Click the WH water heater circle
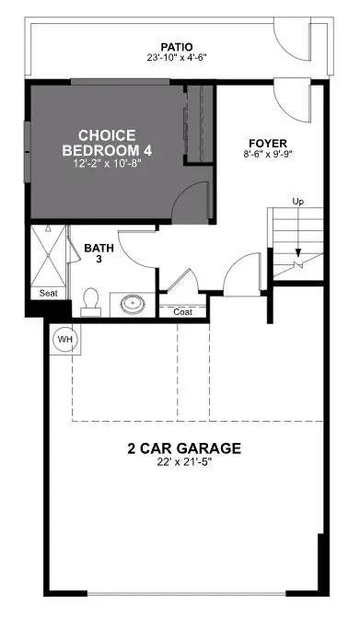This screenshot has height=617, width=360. coord(64,338)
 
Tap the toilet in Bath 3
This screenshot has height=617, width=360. coord(90,301)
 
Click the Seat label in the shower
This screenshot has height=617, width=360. coord(49,294)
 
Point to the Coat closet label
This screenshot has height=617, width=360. coord(183,311)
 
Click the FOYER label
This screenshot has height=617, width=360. coord(267,143)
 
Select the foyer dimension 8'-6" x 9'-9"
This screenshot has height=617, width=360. coord(267,155)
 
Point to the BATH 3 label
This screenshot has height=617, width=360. coord(99,254)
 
